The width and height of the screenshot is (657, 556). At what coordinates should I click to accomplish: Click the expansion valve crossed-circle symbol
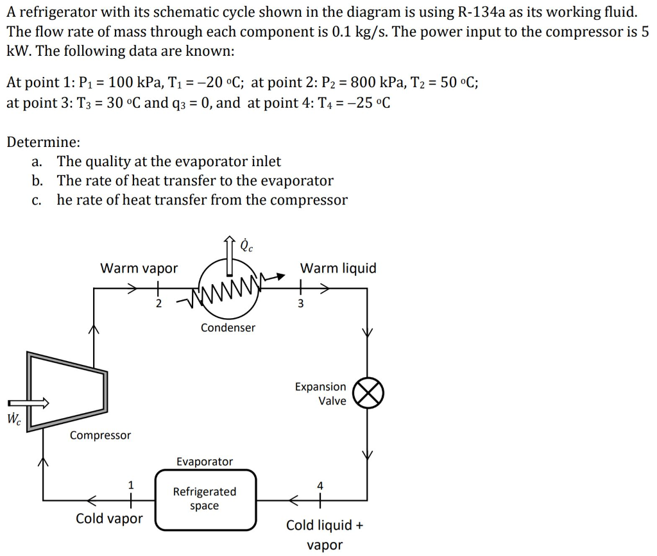tap(368, 392)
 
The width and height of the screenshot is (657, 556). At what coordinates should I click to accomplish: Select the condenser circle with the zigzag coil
tap(228, 296)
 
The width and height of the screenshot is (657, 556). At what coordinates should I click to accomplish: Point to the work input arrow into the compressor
tap(28, 403)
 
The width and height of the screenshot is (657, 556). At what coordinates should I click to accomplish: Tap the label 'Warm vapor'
tap(139, 268)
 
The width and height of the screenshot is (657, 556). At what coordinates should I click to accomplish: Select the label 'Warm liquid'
tap(338, 268)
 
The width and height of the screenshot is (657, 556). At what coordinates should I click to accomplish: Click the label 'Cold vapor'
tap(109, 518)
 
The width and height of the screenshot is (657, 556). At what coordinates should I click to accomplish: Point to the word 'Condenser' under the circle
tap(228, 328)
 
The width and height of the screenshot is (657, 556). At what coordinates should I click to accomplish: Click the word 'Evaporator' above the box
tap(205, 462)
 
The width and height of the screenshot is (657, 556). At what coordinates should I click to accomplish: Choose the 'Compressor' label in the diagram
tap(100, 435)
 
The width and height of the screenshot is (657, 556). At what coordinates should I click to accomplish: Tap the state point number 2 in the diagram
tap(158, 303)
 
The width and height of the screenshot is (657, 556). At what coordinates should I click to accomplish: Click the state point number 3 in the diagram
tap(300, 303)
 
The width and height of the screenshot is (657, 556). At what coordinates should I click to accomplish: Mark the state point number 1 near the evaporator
tap(131, 485)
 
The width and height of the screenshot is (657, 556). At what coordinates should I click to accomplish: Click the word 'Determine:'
tap(43, 142)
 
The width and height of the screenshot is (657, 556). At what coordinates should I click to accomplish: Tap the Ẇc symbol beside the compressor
tap(13, 419)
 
